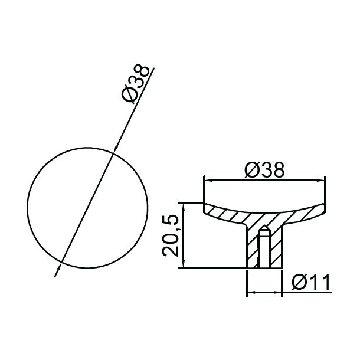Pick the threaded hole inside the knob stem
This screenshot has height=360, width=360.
[264, 251]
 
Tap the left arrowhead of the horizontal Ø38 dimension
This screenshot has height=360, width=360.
[207, 178]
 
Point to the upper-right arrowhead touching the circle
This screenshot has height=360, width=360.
[114, 150]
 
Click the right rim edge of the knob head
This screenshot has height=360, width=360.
[323, 207]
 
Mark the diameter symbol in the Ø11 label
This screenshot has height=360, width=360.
[298, 284]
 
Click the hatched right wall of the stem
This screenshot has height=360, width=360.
[274, 248]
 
